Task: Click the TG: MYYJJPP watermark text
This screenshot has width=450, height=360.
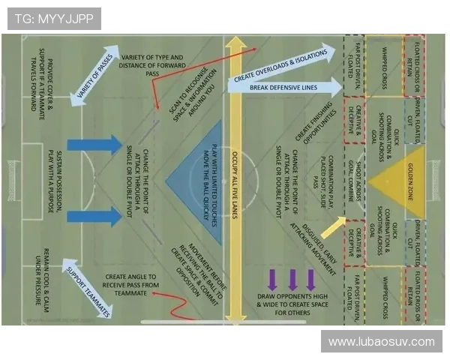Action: (52, 19)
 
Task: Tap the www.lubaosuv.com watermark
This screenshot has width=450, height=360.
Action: (382, 341)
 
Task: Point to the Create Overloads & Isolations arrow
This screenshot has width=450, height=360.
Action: (282, 65)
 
